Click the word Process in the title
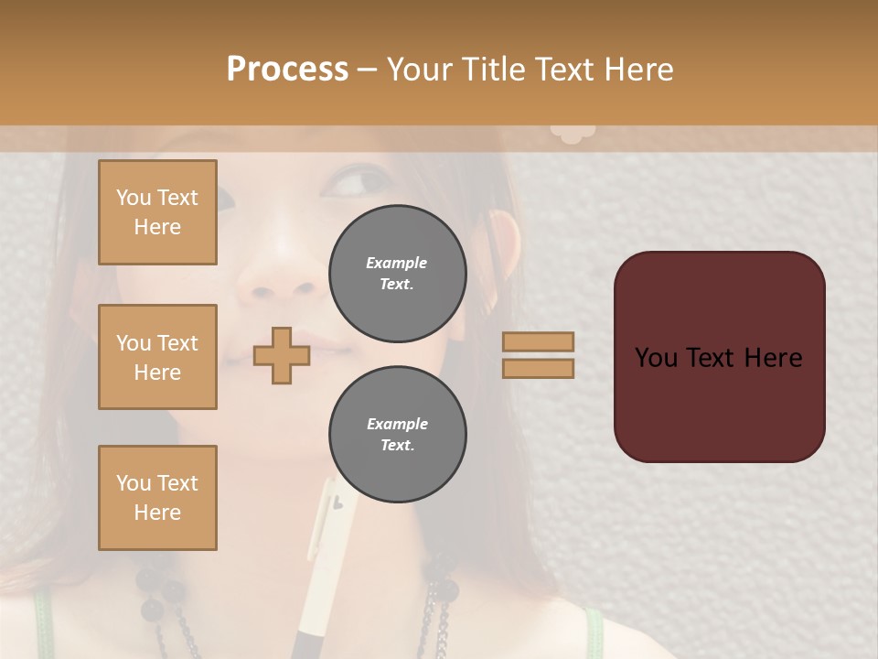tap(287, 69)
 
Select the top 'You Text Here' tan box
tap(157, 212)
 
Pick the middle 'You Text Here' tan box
tap(157, 357)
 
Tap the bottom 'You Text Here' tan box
tap(157, 498)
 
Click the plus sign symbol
tap(282, 355)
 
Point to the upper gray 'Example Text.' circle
tap(397, 273)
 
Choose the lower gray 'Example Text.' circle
tap(397, 434)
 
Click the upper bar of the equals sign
tap(539, 341)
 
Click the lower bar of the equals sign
tap(539, 368)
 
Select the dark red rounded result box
tap(719, 357)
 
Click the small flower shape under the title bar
tap(573, 134)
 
